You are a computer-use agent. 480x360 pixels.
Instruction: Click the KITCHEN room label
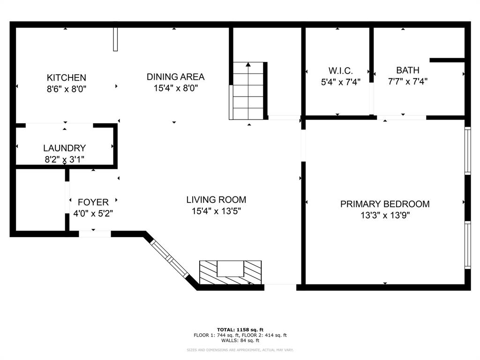pos(66,77)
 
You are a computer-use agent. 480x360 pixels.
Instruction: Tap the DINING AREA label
pos(175,77)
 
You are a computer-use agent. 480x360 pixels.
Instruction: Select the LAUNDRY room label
pos(64,148)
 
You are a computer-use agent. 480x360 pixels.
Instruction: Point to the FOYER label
pos(93,202)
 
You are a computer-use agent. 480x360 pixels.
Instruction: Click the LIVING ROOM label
pos(216,200)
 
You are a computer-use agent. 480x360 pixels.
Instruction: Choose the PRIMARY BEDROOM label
pos(384,204)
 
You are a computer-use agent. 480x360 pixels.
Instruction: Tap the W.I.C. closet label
pos(340,70)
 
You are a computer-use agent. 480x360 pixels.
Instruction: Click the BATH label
pos(407,70)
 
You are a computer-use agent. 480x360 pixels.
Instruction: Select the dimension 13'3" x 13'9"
pos(384,216)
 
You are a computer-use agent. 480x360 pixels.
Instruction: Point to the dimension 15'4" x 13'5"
pos(216,211)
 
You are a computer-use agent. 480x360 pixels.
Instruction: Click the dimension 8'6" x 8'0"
pos(66,89)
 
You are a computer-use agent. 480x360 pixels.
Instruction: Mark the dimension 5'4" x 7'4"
pos(340,82)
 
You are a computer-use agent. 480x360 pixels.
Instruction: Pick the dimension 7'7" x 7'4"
pos(407,82)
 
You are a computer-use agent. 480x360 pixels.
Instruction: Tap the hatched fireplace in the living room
pos(230,272)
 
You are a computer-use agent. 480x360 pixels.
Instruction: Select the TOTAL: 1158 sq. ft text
pos(240,329)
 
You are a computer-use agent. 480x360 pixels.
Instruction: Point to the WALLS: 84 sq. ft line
pos(240,340)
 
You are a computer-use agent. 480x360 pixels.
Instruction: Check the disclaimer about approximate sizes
pos(240,350)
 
